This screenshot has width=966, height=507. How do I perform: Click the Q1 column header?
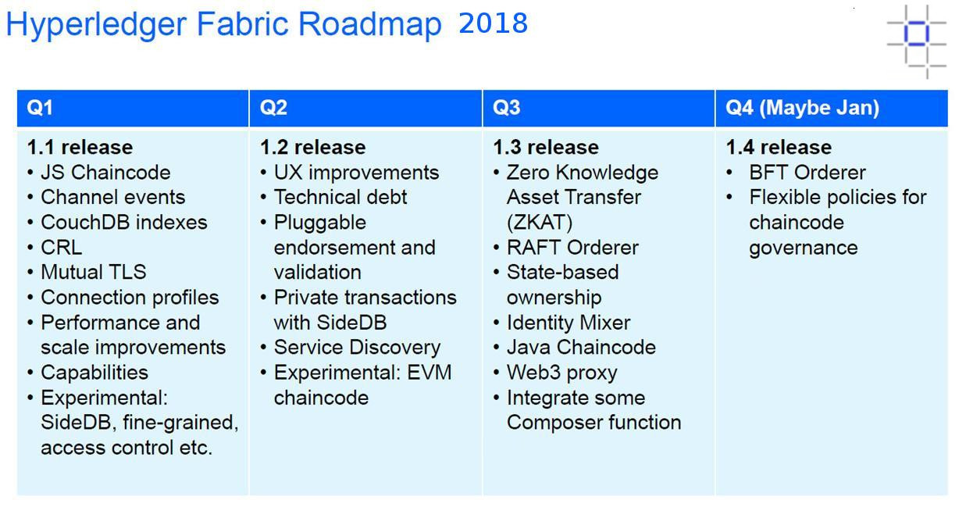point(40,108)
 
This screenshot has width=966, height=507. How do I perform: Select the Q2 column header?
point(273,108)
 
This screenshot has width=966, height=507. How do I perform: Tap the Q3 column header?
point(506,108)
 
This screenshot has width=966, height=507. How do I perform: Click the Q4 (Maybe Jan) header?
point(802,108)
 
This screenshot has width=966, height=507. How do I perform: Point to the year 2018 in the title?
point(493,23)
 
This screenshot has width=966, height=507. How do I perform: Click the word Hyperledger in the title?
point(97,25)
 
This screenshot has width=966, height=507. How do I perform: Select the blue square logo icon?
point(917,41)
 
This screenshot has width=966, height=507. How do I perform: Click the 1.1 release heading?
point(80,148)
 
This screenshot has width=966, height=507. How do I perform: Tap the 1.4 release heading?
point(779,148)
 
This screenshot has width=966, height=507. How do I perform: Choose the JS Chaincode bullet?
point(105,173)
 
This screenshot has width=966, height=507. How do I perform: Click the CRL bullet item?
point(61,248)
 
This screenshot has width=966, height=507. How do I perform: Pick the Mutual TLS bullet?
point(94,273)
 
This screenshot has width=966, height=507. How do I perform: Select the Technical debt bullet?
point(340,197)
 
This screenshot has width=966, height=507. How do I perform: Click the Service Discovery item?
point(357,348)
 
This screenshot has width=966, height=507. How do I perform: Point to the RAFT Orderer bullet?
point(572,248)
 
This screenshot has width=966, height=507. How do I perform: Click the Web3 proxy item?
point(562,373)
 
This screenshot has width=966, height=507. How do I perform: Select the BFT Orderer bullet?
point(807,173)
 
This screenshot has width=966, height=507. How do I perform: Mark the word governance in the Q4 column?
point(804,248)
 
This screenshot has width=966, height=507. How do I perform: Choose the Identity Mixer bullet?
point(569,323)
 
